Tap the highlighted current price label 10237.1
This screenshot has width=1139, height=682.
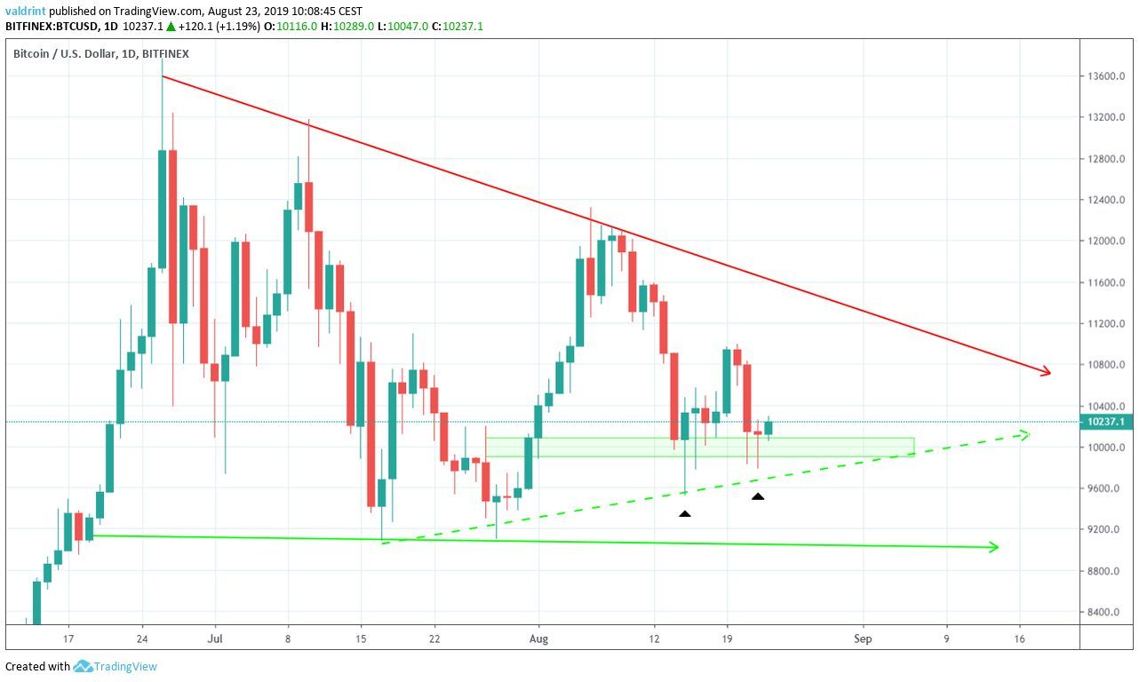pyautogui.click(x=1108, y=422)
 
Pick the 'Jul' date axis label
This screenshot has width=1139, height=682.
pyautogui.click(x=214, y=638)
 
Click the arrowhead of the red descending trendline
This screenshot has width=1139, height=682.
pyautogui.click(x=1047, y=372)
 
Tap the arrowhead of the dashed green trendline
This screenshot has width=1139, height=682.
pyautogui.click(x=1024, y=434)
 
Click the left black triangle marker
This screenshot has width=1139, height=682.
pyautogui.click(x=684, y=513)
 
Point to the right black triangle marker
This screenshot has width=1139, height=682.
pyautogui.click(x=758, y=496)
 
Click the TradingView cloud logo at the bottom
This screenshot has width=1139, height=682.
pyautogui.click(x=84, y=666)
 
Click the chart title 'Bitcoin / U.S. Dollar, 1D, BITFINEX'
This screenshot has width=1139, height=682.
pyautogui.click(x=100, y=54)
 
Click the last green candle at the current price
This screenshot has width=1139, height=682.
pyautogui.click(x=769, y=428)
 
